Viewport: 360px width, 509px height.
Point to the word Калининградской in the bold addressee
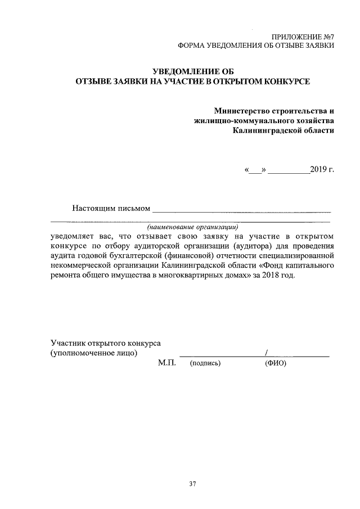pyautogui.click(x=267, y=130)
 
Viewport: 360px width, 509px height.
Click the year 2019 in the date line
pyautogui.click(x=318, y=170)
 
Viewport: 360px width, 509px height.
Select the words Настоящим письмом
pyautogui.click(x=111, y=209)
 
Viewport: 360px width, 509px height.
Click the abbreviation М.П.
pyautogui.click(x=167, y=363)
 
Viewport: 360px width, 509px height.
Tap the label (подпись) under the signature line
pyautogui.click(x=205, y=364)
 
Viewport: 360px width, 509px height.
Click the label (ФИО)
pyautogui.click(x=276, y=364)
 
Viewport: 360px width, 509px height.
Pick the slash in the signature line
pyautogui.click(x=265, y=353)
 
